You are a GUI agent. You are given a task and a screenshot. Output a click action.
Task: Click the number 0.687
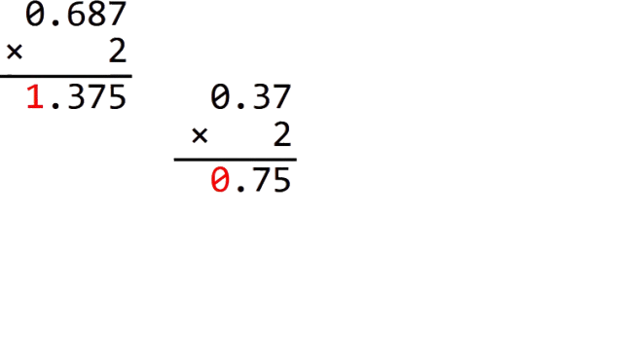[76, 14]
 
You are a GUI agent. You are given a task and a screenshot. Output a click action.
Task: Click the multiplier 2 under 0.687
[118, 51]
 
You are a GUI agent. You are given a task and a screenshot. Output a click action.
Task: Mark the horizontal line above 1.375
[66, 75]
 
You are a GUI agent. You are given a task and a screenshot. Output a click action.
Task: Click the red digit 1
[35, 96]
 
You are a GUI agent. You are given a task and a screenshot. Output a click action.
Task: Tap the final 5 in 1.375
[117, 96]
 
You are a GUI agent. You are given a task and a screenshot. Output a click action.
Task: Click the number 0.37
[251, 96]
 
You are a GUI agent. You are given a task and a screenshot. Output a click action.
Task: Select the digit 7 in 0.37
[280, 96]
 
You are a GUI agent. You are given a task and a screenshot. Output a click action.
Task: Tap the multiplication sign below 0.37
[200, 136]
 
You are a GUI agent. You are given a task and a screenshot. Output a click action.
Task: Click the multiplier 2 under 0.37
[281, 135]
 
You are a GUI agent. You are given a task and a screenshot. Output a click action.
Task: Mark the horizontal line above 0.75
[235, 160]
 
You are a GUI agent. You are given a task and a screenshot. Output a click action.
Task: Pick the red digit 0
[221, 181]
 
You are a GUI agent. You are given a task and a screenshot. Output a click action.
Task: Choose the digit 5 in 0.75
[280, 181]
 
